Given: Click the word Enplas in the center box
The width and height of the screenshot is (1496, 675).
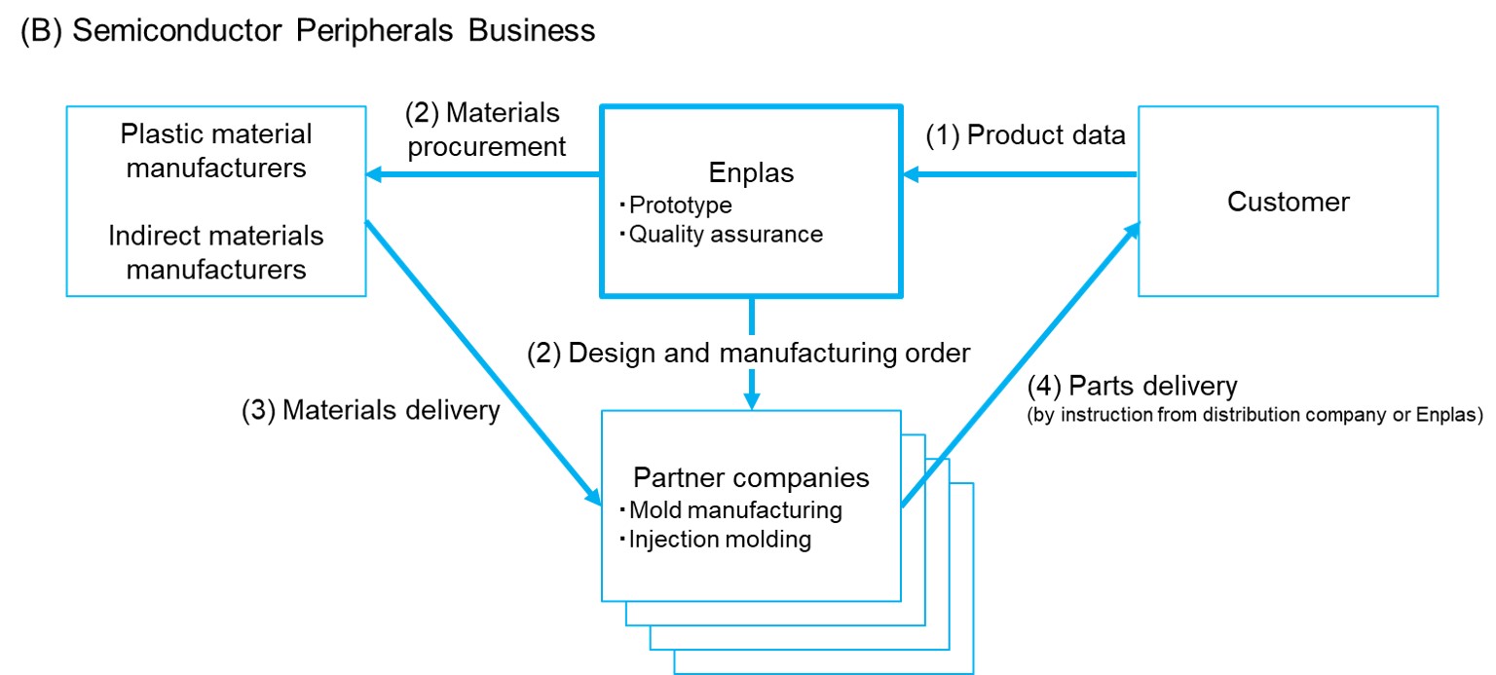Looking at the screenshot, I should point(750,173).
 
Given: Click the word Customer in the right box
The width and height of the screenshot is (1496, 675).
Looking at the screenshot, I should point(1288,202).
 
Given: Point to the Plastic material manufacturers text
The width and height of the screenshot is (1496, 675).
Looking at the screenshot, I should point(216,150).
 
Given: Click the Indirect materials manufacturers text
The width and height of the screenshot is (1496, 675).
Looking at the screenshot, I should point(216,251).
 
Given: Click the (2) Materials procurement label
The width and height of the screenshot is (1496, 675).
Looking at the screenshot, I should point(485,131).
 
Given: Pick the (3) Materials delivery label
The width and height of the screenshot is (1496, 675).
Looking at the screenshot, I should point(371,410).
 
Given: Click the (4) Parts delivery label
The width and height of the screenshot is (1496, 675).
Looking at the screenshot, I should point(1132,387).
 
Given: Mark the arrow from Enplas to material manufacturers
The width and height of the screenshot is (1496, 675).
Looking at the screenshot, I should point(482,175).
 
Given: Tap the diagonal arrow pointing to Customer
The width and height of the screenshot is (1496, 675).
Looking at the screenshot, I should point(1019,365).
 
